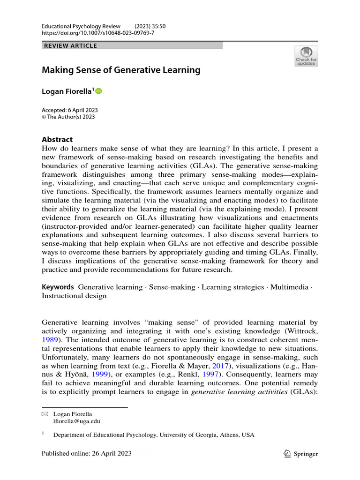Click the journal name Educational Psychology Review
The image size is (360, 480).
(x=81, y=26)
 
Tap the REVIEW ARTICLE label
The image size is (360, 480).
(x=70, y=45)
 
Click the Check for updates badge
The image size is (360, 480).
(x=306, y=56)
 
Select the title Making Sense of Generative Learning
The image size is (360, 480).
(x=121, y=70)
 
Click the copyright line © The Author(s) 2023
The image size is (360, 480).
(x=68, y=117)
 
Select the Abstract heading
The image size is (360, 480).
(x=57, y=139)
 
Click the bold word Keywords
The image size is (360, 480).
(x=58, y=287)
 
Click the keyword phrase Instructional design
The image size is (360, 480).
(x=74, y=296)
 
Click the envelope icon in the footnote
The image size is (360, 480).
(x=45, y=414)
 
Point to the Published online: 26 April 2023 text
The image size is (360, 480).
(x=87, y=454)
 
